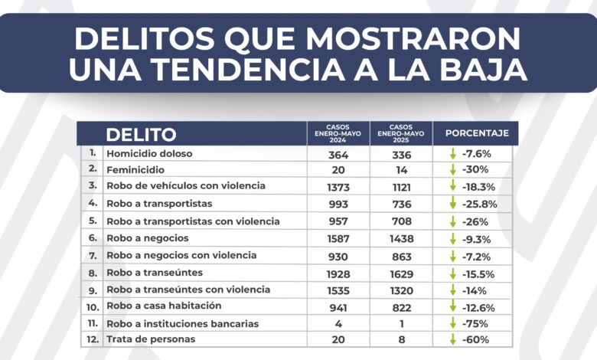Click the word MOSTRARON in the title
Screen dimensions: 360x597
tap(420, 38)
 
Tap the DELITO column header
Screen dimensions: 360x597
tap(141, 135)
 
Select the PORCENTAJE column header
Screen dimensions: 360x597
tap(476, 133)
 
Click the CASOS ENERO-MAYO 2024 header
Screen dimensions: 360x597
tap(338, 133)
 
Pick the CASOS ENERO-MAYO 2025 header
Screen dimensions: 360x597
tap(400, 133)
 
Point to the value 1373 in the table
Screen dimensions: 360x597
tap(338, 186)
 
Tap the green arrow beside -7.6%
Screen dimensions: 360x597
tap(453, 153)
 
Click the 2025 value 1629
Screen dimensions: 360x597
tap(400, 272)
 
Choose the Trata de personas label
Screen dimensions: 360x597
tap(151, 339)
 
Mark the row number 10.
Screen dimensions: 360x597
tap(92, 306)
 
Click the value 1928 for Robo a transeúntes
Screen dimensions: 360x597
tap(338, 272)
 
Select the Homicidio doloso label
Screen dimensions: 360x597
tap(149, 153)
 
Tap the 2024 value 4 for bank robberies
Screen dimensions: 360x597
tap(338, 322)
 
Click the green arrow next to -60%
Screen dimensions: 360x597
tap(453, 339)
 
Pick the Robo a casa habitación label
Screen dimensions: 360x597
tap(161, 306)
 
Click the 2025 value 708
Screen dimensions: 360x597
tap(400, 221)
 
